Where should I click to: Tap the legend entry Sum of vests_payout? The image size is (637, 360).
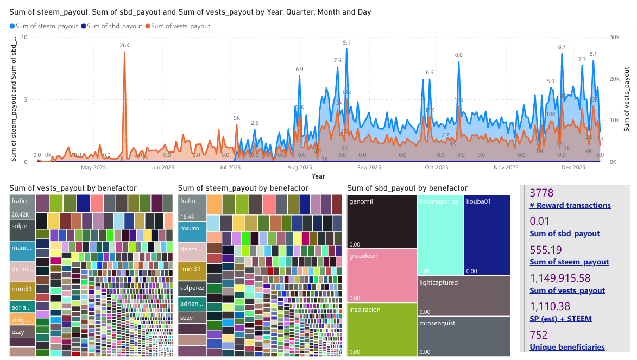(x=180, y=26)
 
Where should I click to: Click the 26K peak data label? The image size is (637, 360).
(x=125, y=46)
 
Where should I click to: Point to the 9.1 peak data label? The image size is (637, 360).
(x=346, y=42)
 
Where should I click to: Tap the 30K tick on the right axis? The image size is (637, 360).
(x=615, y=37)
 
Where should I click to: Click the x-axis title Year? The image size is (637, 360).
(x=319, y=176)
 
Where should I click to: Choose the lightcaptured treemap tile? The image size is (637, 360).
(x=464, y=296)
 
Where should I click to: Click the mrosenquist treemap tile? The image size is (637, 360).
(x=464, y=337)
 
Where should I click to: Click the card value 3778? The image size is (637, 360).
(x=540, y=193)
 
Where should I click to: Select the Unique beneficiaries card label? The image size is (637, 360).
(x=567, y=347)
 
